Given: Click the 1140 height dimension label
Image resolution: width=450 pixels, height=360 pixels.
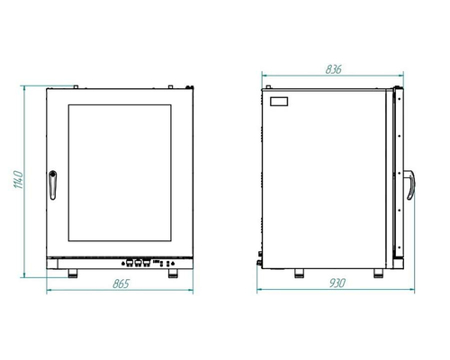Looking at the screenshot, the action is point(18,180).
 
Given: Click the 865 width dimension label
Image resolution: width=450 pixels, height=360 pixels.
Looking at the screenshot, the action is point(121,283).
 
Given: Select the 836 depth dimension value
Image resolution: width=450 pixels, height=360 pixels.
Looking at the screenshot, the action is point(333,69).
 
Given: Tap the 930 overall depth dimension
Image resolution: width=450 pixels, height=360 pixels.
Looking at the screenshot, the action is point(337,283).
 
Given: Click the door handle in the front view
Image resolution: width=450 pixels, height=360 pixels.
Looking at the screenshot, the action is point(53,185).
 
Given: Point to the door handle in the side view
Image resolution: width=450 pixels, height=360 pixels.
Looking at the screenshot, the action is point(409,184).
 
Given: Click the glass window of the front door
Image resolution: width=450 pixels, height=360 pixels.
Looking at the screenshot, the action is point(120,173).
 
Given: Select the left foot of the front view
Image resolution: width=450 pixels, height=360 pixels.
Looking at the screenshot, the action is point(73,274).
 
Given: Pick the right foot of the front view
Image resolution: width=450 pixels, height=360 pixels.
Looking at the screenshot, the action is point(173,274).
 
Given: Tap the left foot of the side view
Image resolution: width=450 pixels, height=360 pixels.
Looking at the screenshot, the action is point(299,274).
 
